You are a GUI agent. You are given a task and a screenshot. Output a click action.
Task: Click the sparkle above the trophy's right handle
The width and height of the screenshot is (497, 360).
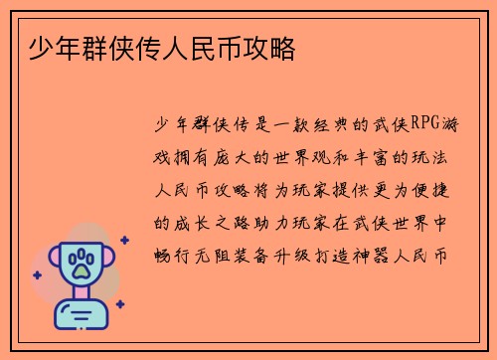(124, 240)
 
